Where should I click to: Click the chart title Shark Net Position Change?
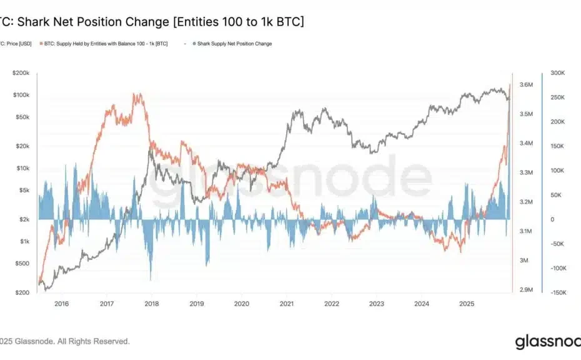pos(153,22)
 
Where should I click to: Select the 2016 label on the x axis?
pos(61,304)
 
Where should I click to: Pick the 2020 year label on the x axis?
pos(242,304)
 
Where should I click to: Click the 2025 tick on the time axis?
pos(467,304)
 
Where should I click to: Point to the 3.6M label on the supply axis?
pos(527,84)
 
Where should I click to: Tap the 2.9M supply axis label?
pos(527,290)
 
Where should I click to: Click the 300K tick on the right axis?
pos(558,73)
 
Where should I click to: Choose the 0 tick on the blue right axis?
pos(552,219)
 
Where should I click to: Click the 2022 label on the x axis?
pos(332,304)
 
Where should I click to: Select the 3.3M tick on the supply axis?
pos(527,172)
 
